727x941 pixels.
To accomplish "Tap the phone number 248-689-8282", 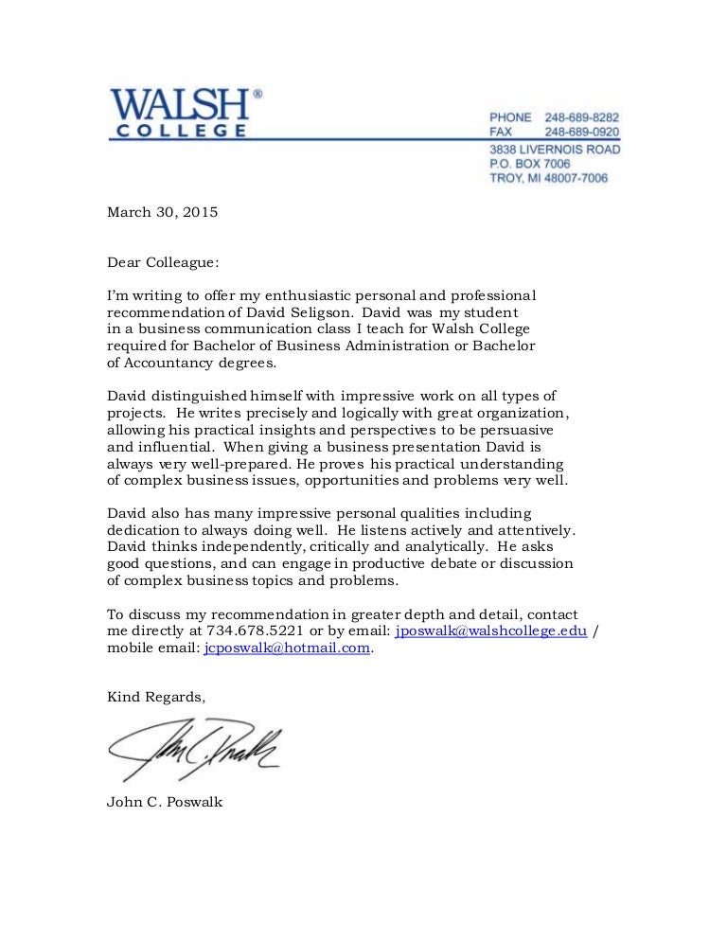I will (582, 116).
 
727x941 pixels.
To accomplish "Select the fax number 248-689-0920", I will (582, 133).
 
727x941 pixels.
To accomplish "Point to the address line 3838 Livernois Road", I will (554, 149).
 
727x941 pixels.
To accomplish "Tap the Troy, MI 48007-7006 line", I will (548, 178).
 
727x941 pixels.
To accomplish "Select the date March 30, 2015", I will (162, 212).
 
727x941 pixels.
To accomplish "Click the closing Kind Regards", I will (155, 697).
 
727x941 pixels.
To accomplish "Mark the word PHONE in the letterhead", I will (510, 116).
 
